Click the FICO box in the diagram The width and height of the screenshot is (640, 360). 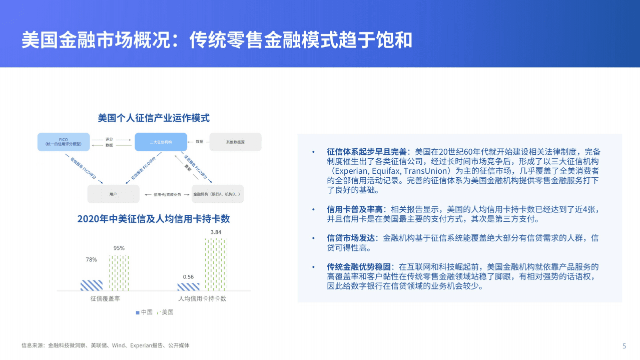click(64, 142)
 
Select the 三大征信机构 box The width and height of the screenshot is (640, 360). click(161, 142)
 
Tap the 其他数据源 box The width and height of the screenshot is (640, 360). click(235, 142)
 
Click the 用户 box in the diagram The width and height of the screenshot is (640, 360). click(113, 194)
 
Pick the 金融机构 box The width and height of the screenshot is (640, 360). click(217, 194)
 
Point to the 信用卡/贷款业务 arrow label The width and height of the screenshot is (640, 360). click(167, 194)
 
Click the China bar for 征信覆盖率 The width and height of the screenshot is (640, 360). click(92, 285)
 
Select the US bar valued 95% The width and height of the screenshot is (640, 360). click(119, 273)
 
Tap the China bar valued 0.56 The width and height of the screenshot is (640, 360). click(188, 287)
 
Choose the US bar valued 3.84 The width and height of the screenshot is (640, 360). click(216, 264)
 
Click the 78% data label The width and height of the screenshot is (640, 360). click(91, 260)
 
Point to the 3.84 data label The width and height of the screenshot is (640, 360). click(216, 232)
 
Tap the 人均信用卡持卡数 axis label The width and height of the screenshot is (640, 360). click(202, 298)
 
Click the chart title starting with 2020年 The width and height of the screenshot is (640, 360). click(153, 219)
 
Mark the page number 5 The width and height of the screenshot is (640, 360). click(624, 346)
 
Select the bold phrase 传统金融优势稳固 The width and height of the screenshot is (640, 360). click(359, 267)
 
